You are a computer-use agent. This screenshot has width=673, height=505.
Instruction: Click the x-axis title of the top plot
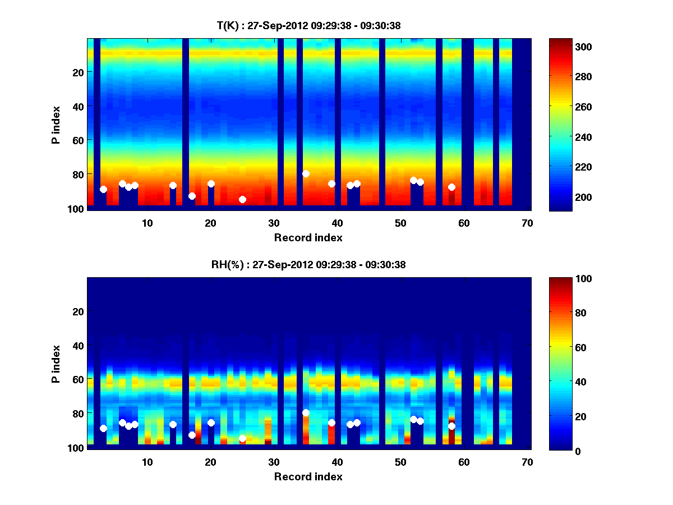point(308,237)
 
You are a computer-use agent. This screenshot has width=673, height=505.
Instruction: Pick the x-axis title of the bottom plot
point(308,476)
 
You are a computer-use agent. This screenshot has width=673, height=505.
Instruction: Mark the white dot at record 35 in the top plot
point(306,173)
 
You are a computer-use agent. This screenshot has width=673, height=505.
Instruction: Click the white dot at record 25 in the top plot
point(242,199)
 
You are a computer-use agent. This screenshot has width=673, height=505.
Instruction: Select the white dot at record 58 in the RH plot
point(451,426)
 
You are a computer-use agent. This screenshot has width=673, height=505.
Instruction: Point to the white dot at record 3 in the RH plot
point(103,428)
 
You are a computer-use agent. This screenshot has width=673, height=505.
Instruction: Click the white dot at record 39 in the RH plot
point(331,423)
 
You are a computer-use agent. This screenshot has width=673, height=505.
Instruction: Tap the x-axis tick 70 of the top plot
point(527,223)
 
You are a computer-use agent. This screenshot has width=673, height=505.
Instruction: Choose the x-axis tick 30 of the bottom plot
point(274,462)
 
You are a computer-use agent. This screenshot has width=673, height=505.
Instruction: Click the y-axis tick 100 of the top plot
point(77,209)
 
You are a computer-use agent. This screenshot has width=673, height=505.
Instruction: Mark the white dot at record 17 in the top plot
point(192,196)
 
